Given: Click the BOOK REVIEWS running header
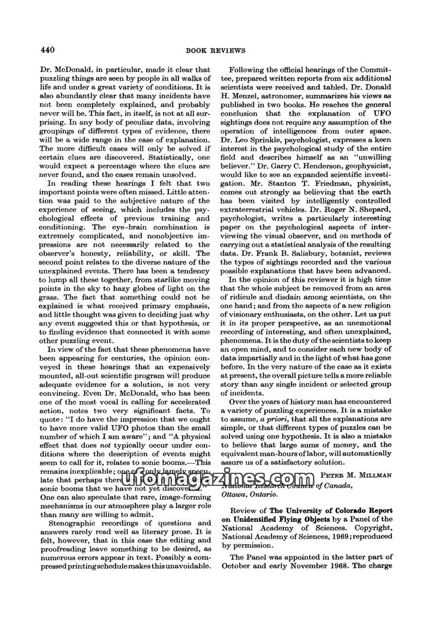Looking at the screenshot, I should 218,51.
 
